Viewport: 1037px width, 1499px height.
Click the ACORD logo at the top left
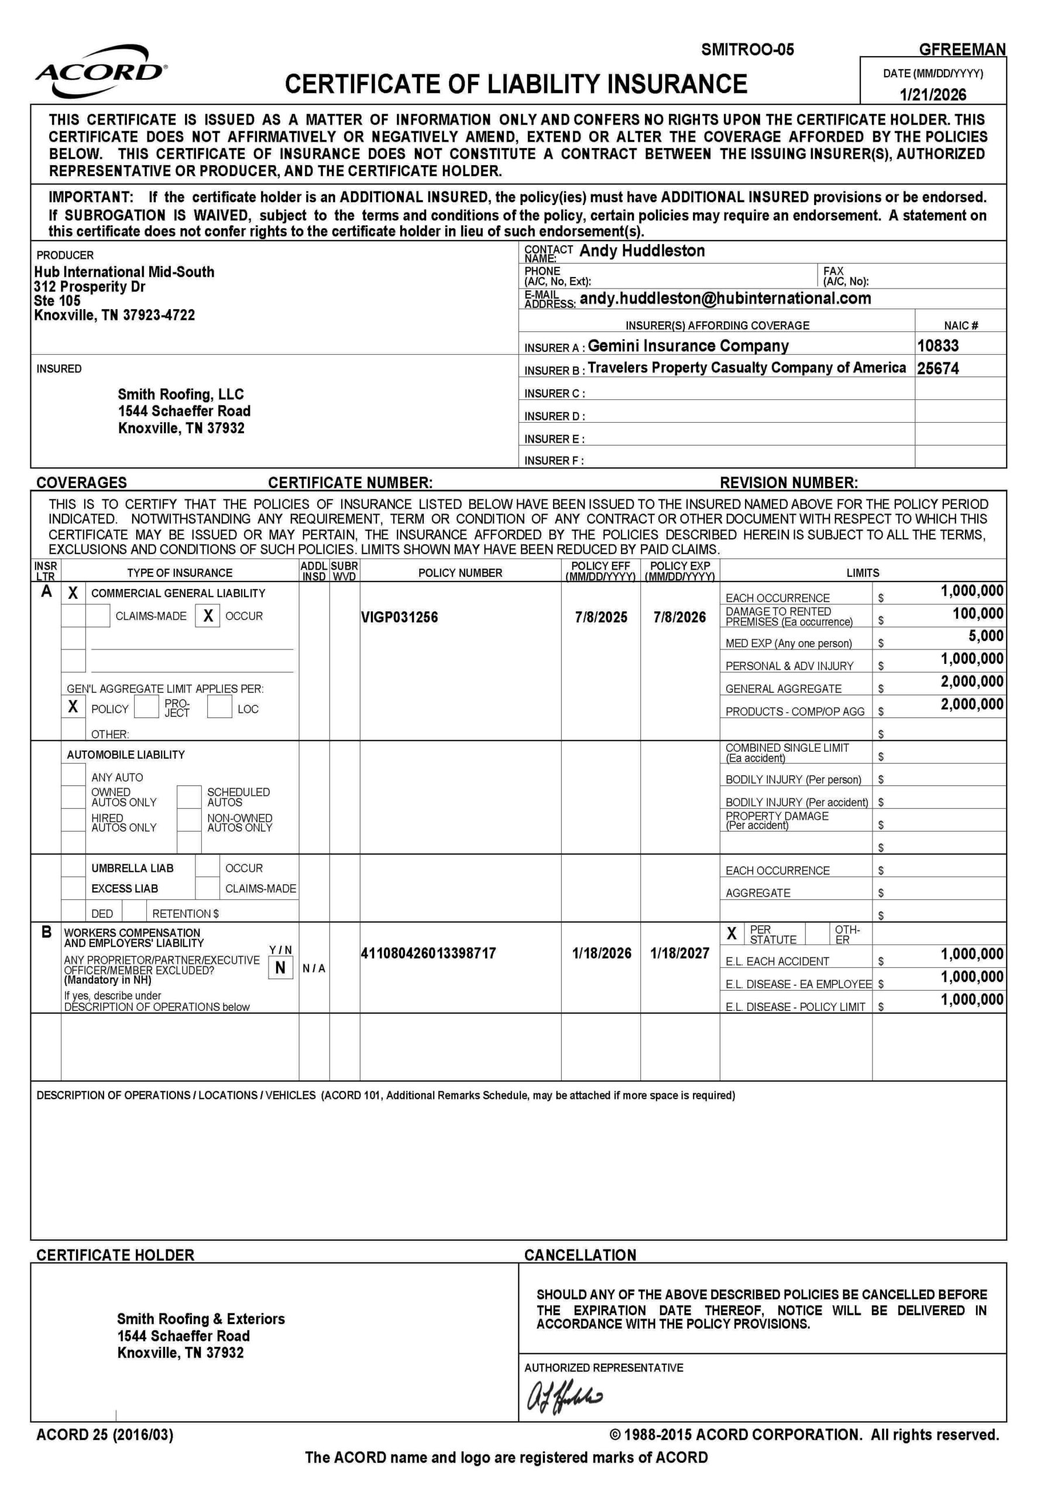101,71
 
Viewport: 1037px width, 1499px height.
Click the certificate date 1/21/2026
932,95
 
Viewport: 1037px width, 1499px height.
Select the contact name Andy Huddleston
641,251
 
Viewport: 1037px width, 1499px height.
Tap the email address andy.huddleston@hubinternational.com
724,299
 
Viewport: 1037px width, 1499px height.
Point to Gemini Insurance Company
688,346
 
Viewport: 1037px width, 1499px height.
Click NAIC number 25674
938,368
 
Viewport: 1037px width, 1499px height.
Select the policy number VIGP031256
399,617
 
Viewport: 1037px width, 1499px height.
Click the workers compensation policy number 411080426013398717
428,954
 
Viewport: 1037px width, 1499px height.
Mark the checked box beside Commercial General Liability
73,593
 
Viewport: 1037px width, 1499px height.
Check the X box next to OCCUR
208,615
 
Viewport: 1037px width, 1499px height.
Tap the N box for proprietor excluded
280,967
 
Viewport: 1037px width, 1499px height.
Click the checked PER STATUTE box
732,933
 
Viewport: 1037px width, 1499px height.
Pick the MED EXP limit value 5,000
986,636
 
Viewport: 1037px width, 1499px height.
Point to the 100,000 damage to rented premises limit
978,614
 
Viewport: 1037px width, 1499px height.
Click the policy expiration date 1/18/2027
679,954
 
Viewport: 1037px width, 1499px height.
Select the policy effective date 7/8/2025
601,617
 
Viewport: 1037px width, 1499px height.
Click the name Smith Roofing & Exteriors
201,1318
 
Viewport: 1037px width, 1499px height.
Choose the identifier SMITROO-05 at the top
747,50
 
